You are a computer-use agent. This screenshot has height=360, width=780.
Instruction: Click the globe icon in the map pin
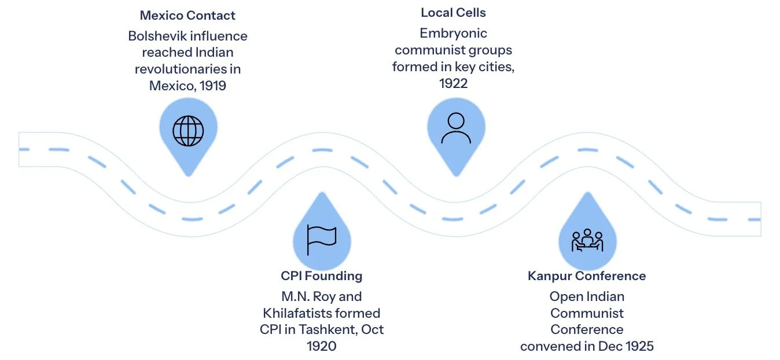click(x=189, y=131)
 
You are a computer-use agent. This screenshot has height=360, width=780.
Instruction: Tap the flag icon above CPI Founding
click(x=322, y=240)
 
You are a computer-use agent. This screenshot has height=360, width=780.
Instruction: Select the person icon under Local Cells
click(x=456, y=128)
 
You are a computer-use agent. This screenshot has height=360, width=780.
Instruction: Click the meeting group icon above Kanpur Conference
click(x=587, y=240)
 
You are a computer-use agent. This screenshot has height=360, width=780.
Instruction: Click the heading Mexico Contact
click(x=188, y=15)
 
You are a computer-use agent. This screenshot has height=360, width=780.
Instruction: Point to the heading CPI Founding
click(x=322, y=275)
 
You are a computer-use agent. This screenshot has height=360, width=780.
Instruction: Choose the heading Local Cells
click(x=453, y=12)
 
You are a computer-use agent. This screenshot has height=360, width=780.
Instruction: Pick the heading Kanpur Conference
click(x=587, y=275)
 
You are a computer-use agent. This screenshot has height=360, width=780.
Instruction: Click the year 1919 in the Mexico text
click(x=211, y=86)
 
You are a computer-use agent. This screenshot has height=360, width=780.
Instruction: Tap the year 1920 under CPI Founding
click(x=322, y=346)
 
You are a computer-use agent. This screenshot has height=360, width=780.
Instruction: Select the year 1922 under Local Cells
click(x=453, y=83)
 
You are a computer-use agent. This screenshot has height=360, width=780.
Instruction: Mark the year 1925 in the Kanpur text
click(x=639, y=346)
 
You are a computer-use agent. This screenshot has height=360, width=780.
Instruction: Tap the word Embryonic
click(x=453, y=34)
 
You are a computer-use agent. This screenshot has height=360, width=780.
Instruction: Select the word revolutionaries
click(x=188, y=69)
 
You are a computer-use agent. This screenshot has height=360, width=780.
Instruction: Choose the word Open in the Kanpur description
click(x=564, y=296)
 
